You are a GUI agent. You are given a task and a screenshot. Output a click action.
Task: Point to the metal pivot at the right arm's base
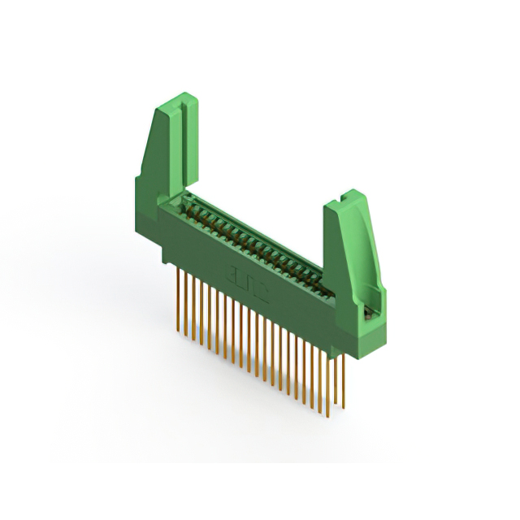click(368, 310)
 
